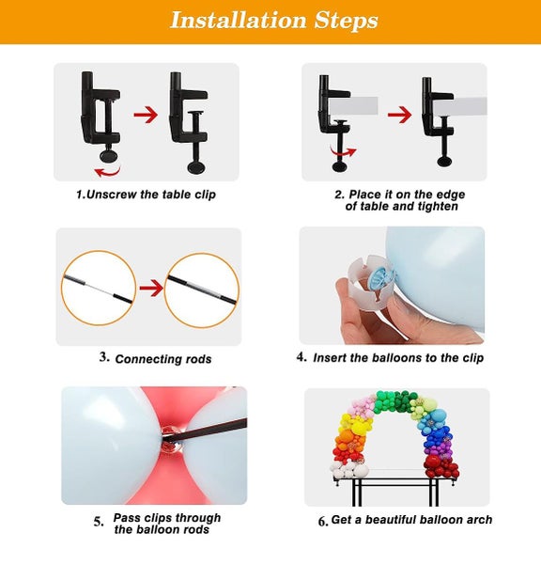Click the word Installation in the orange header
238,20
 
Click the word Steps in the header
347,21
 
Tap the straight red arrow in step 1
146,115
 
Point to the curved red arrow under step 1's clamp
107,172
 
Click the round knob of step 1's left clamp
109,155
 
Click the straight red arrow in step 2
400,115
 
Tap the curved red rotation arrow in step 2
343,151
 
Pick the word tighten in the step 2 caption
438,207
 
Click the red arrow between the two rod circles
151,289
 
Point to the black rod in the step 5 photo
205,430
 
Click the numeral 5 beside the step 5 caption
99,522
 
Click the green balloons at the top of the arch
394,401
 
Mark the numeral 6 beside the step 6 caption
323,521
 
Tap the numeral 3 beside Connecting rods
104,357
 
